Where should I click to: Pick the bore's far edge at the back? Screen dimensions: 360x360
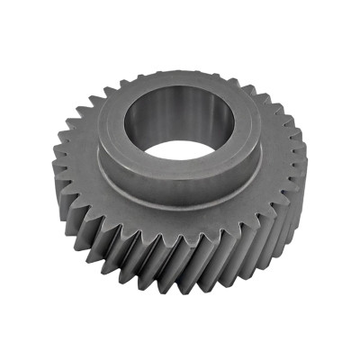click(180, 93)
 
